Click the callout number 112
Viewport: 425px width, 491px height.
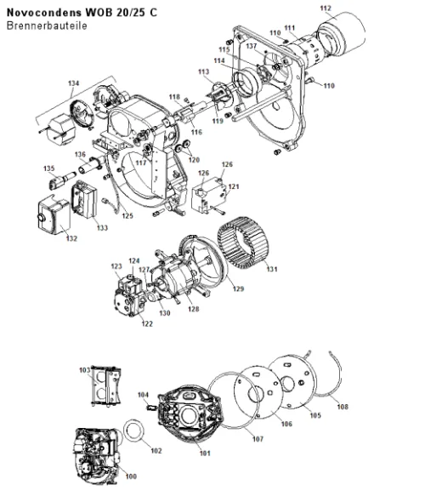coord(326,9)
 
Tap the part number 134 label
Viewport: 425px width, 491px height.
coord(73,83)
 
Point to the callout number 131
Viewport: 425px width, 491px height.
coord(272,269)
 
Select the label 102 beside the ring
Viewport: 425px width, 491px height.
coord(156,451)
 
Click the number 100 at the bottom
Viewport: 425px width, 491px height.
coord(131,477)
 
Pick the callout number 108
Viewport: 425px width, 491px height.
coord(343,407)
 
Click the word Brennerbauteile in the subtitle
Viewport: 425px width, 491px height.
coord(47,26)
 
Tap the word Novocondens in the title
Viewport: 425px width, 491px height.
coord(44,13)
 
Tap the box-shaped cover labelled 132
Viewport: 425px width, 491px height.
coord(54,215)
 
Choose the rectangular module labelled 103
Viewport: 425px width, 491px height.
coord(105,385)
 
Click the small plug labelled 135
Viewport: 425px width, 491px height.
coord(61,180)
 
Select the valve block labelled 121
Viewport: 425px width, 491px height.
coord(208,196)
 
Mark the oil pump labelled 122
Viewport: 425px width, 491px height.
coord(130,297)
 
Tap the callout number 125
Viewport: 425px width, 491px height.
coord(127,216)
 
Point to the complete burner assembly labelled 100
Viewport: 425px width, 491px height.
coord(98,455)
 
